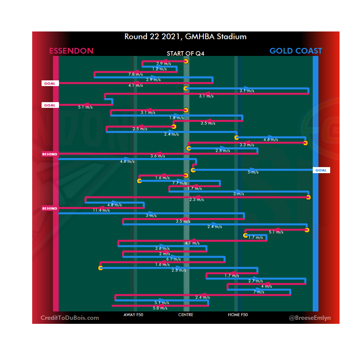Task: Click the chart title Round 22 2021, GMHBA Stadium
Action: tap(185, 37)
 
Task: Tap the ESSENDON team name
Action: tap(71, 51)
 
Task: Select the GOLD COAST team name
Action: tap(296, 51)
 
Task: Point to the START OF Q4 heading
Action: tap(186, 54)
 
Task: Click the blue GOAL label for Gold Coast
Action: tap(321, 170)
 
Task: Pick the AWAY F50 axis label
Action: tap(133, 315)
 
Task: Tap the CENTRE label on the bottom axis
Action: tap(186, 315)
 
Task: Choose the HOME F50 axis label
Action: tap(238, 315)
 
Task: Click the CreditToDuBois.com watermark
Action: tap(70, 318)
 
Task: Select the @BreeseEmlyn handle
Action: tap(310, 318)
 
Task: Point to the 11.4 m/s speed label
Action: tap(101, 210)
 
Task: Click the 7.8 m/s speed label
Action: tap(135, 74)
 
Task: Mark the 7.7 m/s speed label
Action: tap(179, 183)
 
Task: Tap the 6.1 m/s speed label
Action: tap(173, 259)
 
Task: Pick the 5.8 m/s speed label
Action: tap(160, 308)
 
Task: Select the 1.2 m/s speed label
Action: tap(159, 69)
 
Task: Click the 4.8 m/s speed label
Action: tap(114, 205)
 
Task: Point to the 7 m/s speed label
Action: tap(259, 292)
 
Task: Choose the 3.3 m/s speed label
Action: tap(247, 145)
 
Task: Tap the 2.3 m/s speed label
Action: tap(196, 200)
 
